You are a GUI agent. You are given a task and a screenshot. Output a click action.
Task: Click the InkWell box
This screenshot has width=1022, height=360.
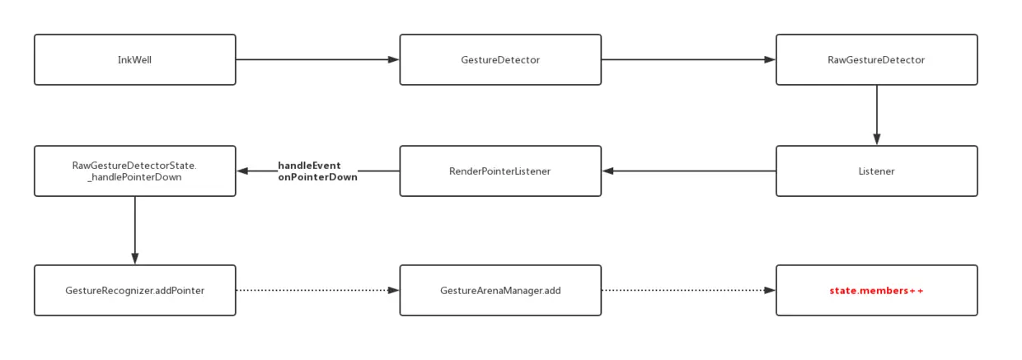click(x=135, y=60)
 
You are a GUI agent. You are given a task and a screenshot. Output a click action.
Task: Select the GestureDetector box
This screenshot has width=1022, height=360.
click(x=500, y=60)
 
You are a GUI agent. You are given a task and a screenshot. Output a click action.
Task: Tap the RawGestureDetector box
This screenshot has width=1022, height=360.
click(x=877, y=60)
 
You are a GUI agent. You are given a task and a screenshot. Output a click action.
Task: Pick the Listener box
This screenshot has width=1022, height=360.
click(x=877, y=171)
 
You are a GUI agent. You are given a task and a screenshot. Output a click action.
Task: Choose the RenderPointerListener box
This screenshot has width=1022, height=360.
click(x=500, y=171)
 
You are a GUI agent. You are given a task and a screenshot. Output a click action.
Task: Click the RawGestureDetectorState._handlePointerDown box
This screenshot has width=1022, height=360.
click(x=135, y=171)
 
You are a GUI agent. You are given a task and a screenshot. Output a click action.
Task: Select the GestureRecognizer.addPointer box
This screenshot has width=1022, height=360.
click(x=135, y=290)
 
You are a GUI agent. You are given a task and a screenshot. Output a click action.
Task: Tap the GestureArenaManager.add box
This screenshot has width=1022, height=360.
click(x=500, y=290)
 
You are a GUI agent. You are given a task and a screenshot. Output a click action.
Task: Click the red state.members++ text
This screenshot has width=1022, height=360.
click(x=876, y=291)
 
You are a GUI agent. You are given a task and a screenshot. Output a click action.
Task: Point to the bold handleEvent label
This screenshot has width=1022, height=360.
click(x=309, y=165)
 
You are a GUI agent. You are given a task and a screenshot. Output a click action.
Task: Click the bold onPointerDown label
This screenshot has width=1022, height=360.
click(x=317, y=177)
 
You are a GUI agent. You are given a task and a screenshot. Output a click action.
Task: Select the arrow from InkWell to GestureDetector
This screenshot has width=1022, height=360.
click(x=317, y=59)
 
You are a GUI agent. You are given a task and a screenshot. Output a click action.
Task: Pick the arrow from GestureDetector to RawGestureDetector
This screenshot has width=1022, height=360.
click(x=688, y=59)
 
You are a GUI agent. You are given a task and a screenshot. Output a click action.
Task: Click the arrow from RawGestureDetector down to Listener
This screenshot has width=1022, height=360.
click(x=877, y=115)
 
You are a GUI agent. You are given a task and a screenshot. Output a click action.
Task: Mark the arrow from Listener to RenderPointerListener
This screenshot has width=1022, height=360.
click(x=689, y=171)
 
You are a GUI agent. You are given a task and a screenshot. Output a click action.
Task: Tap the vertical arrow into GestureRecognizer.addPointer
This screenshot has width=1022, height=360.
click(x=135, y=231)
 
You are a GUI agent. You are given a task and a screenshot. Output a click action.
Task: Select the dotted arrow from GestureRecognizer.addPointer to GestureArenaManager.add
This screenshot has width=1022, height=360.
click(x=317, y=290)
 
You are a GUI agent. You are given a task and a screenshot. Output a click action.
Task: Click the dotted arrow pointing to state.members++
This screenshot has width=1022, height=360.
click(x=688, y=290)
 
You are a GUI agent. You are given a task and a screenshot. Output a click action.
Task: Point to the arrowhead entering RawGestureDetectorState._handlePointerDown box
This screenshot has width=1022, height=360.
click(x=242, y=171)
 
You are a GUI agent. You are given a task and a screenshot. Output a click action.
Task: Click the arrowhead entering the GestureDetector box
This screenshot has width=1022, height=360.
click(x=394, y=59)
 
